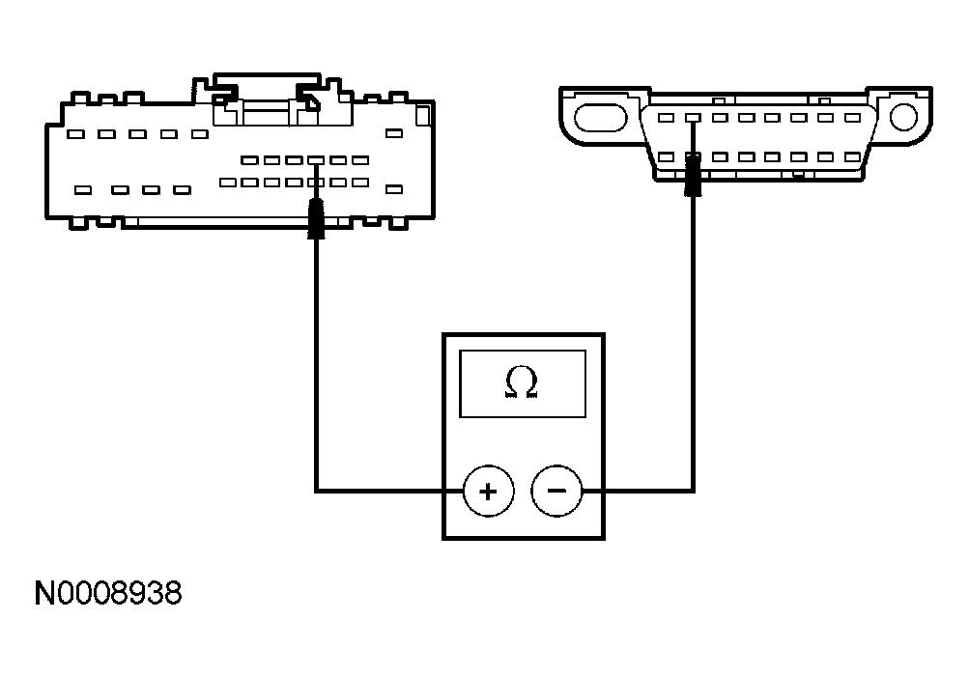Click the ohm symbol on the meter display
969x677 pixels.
[522, 383]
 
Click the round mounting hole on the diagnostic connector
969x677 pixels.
[904, 117]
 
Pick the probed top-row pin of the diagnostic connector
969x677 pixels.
[693, 117]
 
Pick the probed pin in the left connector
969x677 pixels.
[316, 182]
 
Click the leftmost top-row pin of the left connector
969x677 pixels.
[77, 134]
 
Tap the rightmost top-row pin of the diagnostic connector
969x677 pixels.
[851, 117]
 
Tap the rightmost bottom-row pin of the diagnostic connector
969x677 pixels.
[851, 156]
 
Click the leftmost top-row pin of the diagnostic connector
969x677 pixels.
[667, 117]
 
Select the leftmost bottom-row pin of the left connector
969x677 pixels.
[83, 190]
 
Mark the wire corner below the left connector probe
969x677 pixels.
[316, 491]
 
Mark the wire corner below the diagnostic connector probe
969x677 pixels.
[693, 491]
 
